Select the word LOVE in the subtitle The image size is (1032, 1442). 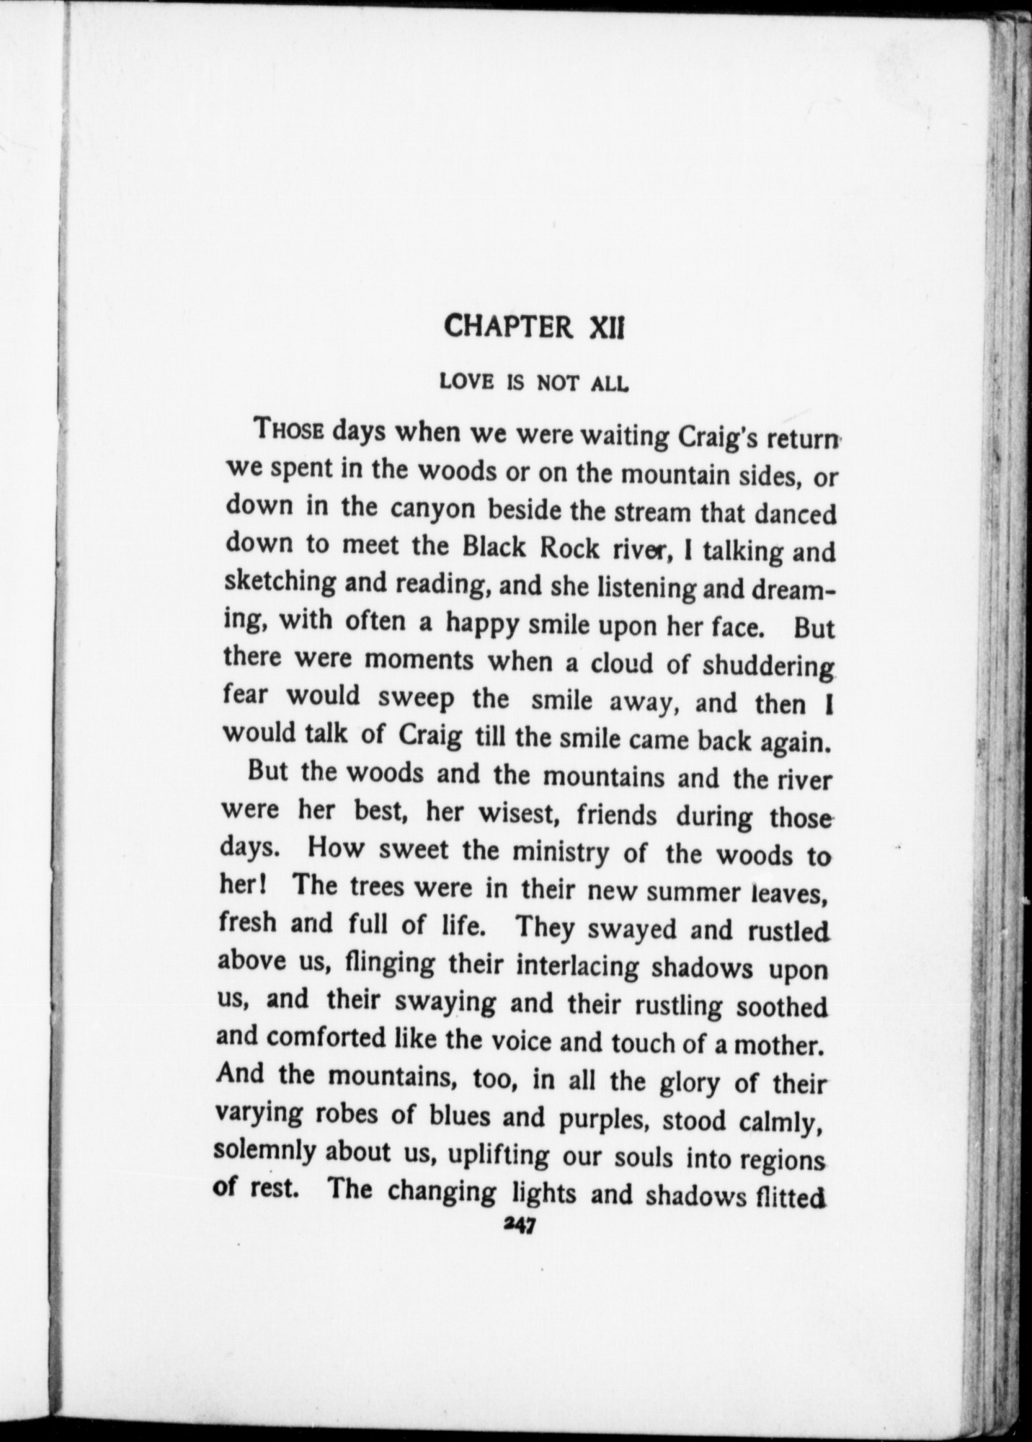466,383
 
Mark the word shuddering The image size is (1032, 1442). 768,665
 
